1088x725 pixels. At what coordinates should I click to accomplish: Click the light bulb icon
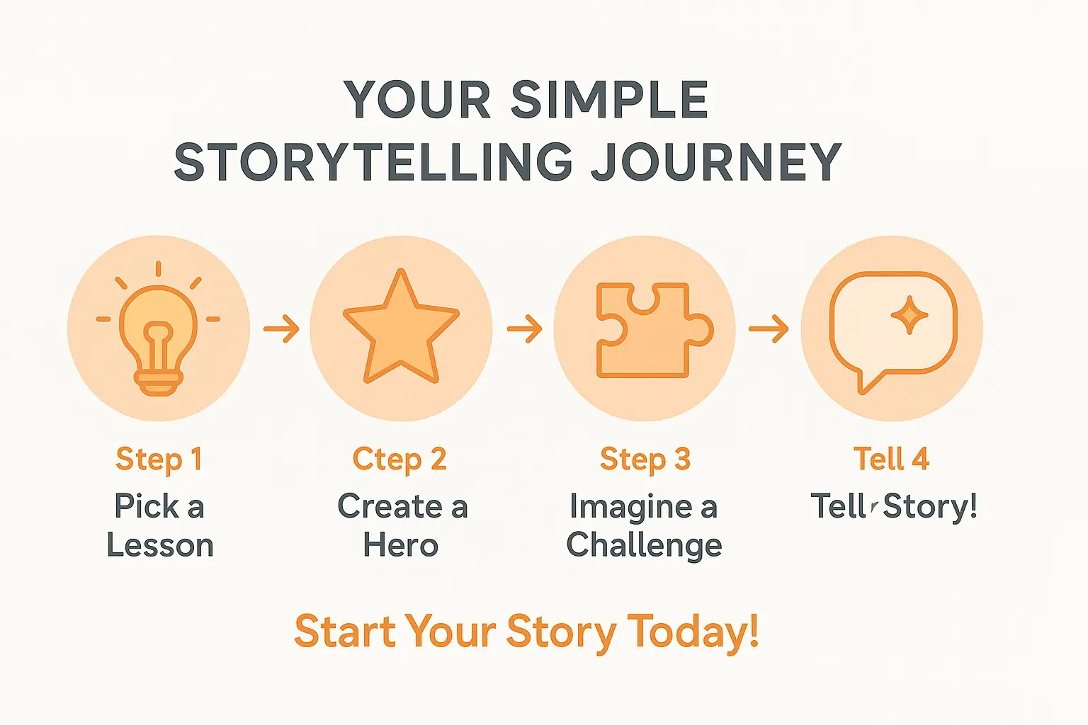click(159, 333)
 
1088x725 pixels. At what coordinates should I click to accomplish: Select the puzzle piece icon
click(649, 330)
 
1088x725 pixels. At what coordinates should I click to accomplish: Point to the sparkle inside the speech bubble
click(909, 315)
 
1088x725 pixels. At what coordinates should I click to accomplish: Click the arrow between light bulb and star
click(281, 329)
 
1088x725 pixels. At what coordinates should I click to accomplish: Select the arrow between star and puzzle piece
click(524, 329)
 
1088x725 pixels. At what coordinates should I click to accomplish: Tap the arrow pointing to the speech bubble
click(769, 329)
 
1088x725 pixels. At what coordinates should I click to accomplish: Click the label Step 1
click(159, 459)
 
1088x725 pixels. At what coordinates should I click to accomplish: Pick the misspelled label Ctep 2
click(400, 459)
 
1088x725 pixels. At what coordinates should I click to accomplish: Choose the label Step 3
click(645, 459)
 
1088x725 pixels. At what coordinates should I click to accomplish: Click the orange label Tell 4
click(891, 459)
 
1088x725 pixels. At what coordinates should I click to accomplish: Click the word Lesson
click(160, 546)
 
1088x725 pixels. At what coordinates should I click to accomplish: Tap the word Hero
click(401, 546)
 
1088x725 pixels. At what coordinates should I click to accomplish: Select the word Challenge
click(644, 546)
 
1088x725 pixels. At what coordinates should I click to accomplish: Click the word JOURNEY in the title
click(716, 162)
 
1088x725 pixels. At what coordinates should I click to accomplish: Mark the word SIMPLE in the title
click(609, 100)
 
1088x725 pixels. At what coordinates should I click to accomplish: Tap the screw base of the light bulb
click(159, 384)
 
